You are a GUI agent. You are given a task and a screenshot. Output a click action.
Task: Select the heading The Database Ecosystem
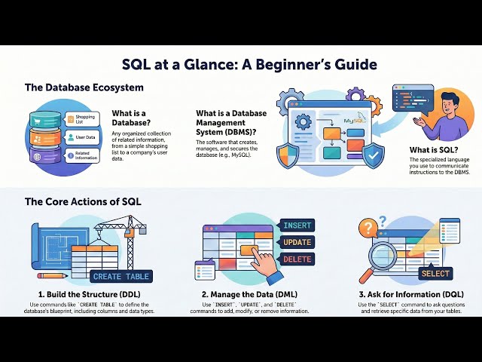(x=84, y=88)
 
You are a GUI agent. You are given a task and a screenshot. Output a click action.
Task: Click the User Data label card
(x=82, y=138)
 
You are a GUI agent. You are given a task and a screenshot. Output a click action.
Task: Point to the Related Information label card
(x=82, y=157)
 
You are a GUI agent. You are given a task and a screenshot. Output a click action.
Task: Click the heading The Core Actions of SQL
(x=82, y=201)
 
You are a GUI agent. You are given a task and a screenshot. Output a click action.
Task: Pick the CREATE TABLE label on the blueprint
(x=121, y=276)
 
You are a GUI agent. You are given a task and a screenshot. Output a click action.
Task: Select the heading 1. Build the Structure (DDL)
(x=90, y=294)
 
